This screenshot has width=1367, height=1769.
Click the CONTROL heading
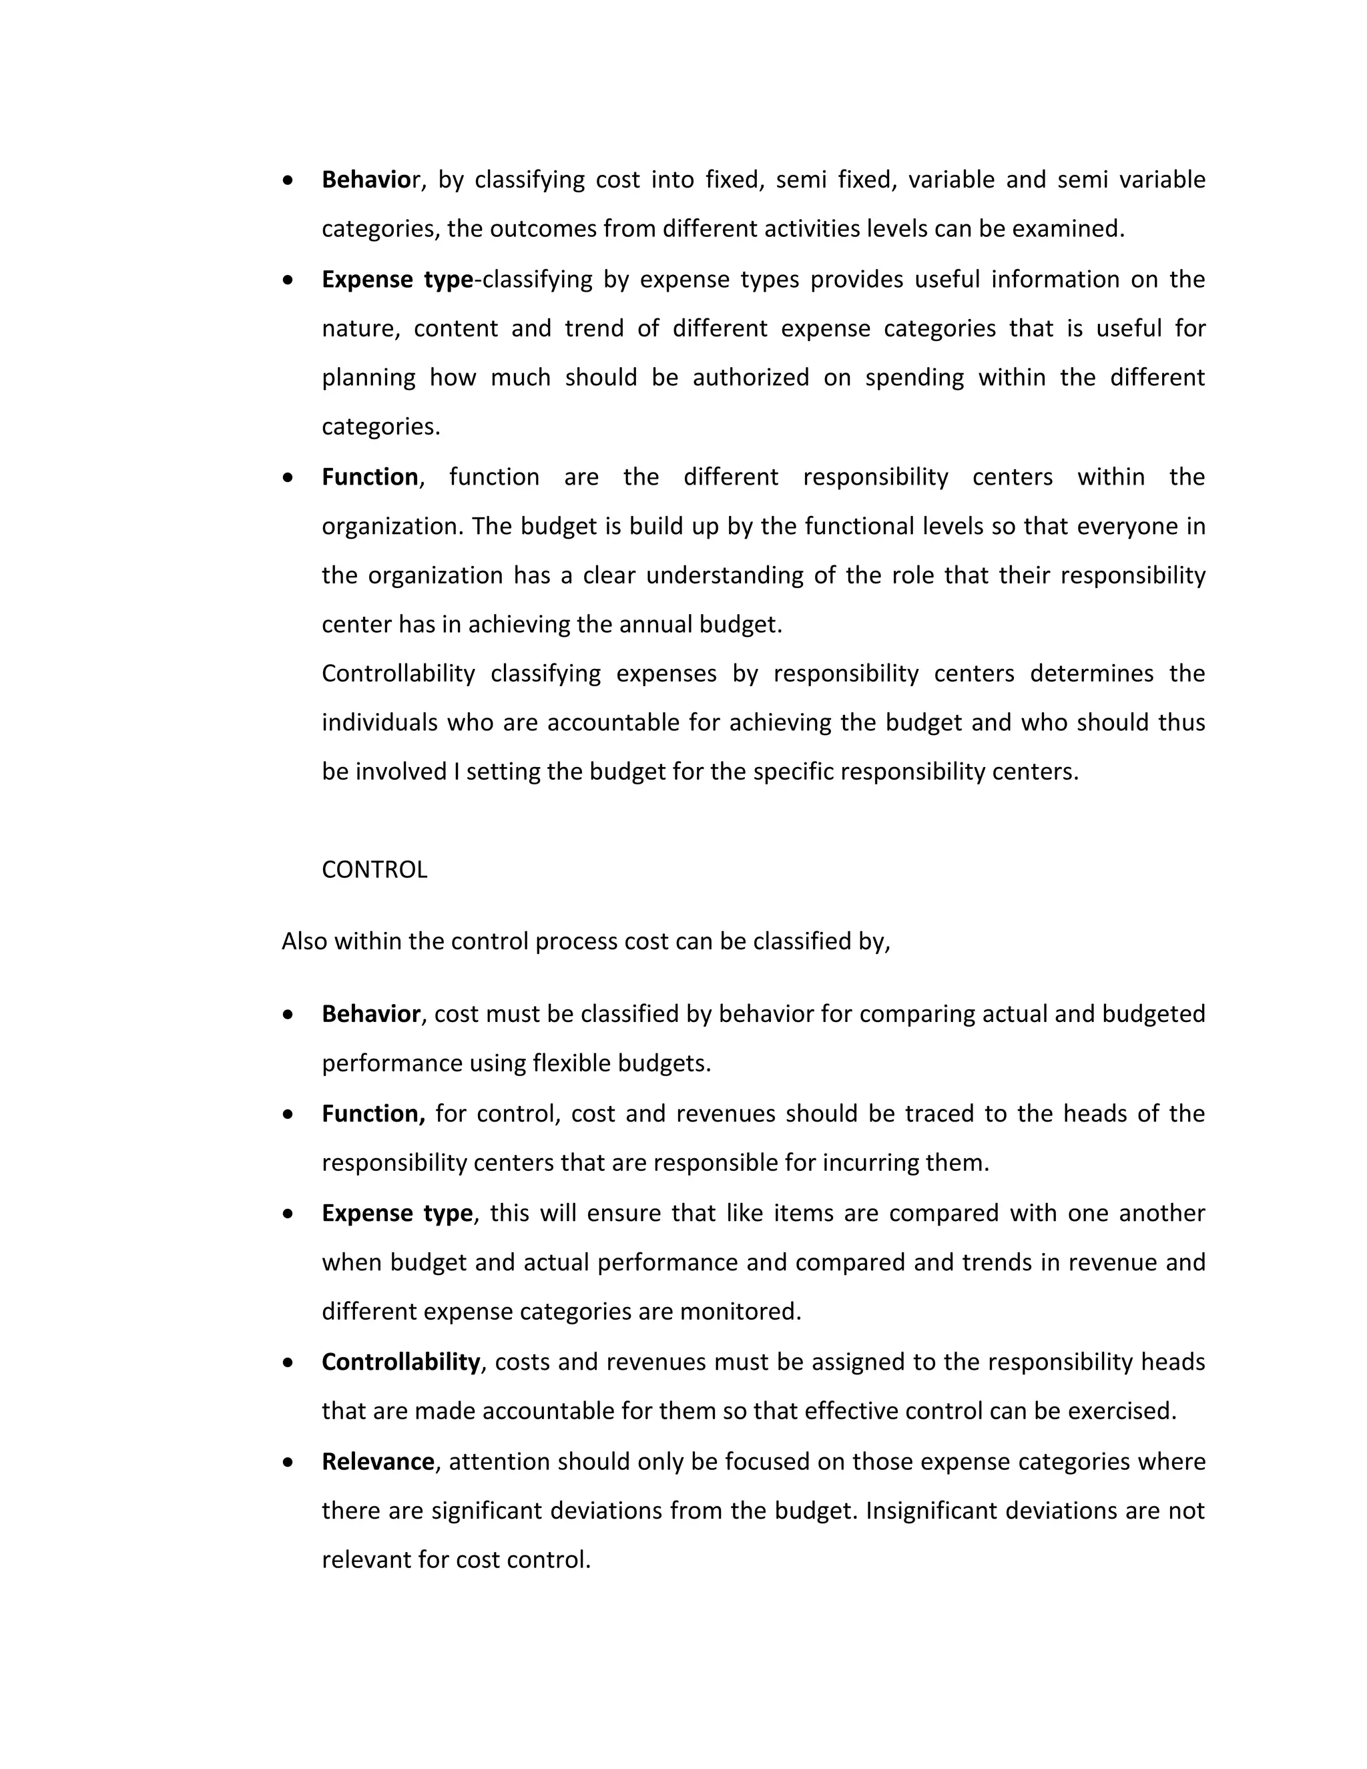374,870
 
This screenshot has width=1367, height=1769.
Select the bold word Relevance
377,1461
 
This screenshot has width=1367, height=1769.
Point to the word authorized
751,377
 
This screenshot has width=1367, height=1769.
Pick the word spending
914,377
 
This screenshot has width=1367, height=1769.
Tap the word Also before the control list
304,941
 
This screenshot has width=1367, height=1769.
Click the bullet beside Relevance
288,1462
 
